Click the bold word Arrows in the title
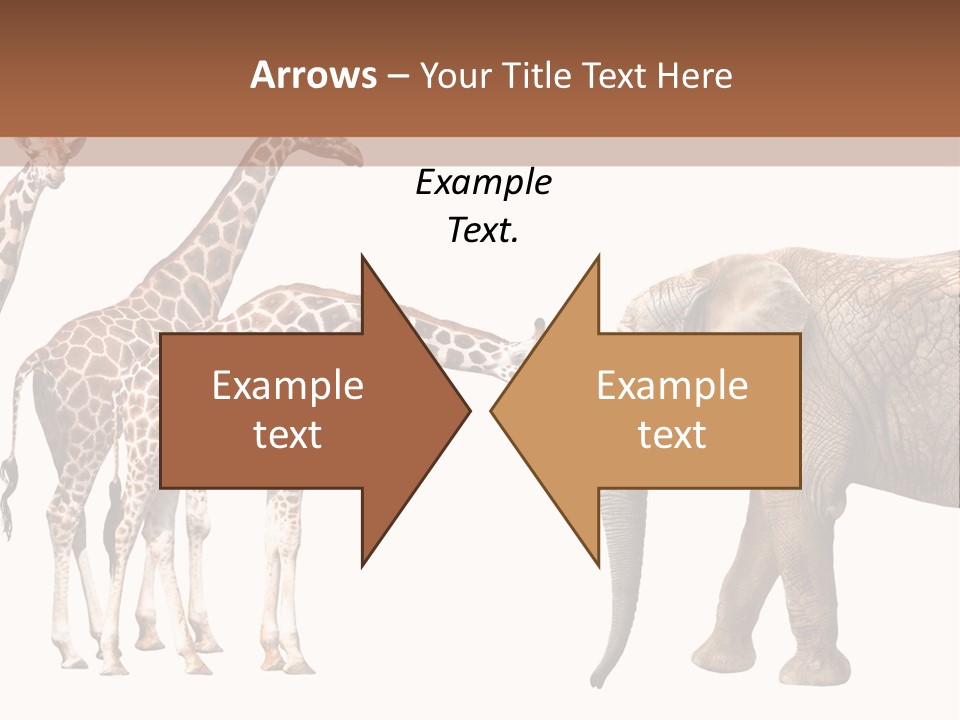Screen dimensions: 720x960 coord(313,75)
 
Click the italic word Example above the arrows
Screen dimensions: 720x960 coord(483,183)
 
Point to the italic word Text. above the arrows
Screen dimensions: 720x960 coord(483,231)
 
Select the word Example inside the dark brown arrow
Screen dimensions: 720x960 coord(288,387)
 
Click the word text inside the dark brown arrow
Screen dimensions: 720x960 coord(288,435)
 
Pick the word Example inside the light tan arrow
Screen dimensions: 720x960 coord(672,387)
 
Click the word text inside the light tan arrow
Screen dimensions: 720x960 coord(672,435)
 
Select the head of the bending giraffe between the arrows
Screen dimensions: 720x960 coord(530,340)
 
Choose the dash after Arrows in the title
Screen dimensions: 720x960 coord(397,76)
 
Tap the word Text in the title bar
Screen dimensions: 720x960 coord(614,76)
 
